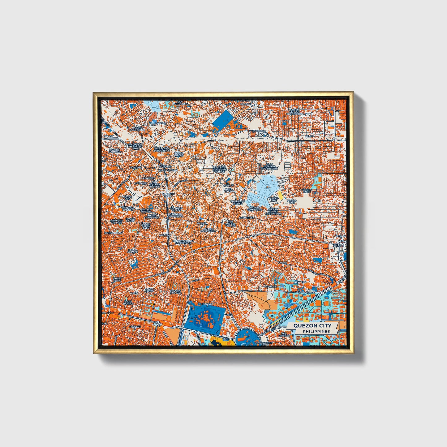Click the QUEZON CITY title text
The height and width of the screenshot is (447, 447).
312,325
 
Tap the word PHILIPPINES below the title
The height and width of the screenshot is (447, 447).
316,331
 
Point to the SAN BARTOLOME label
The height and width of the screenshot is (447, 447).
180,102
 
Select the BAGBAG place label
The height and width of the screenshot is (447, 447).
161,123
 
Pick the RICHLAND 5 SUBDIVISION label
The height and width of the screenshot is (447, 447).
162,149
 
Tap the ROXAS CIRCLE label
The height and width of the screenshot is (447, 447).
179,154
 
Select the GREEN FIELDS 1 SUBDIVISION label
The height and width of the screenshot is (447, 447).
294,112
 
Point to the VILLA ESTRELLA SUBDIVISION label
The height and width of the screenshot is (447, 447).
269,167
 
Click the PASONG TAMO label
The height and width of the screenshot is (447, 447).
307,191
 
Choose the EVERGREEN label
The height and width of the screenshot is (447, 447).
247,218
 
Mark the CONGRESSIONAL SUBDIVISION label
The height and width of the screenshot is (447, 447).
183,242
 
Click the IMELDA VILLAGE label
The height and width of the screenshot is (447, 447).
132,251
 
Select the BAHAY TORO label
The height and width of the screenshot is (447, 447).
118,279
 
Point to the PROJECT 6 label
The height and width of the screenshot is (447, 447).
207,305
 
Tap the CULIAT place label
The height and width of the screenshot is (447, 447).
283,263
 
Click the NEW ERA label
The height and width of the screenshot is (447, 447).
300,282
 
